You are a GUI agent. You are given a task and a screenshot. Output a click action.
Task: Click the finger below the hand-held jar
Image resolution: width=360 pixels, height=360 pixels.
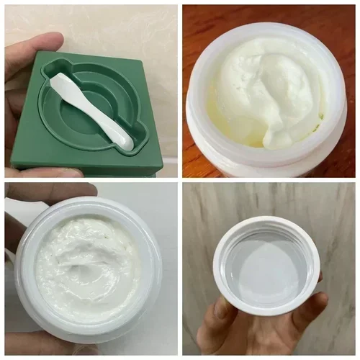pos(43,346)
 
